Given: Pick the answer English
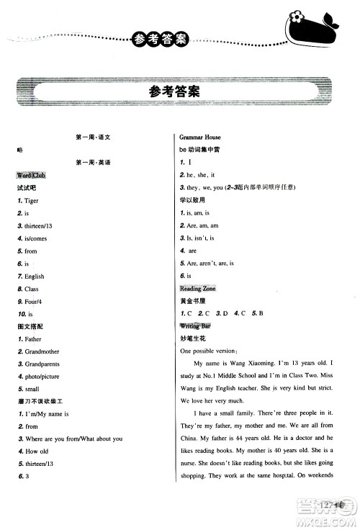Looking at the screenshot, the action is pos(35,276).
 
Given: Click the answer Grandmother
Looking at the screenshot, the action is pos(41,351).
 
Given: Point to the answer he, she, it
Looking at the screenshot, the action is pos(202,175).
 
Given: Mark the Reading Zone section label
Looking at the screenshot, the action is pos(199,288).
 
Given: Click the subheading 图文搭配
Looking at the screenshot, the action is pos(28,326).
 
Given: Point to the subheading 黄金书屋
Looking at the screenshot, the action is pos(192,300).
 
